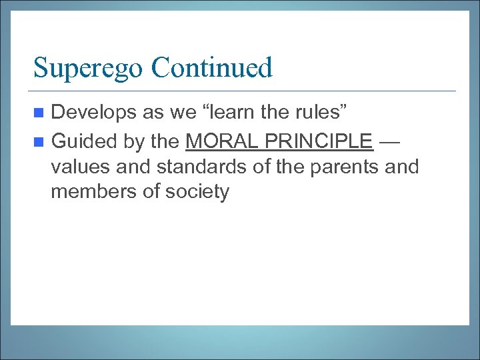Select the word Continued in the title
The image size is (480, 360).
point(212,67)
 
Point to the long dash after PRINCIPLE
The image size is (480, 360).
point(392,141)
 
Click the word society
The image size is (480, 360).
point(195,192)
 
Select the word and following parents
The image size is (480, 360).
point(401,166)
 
